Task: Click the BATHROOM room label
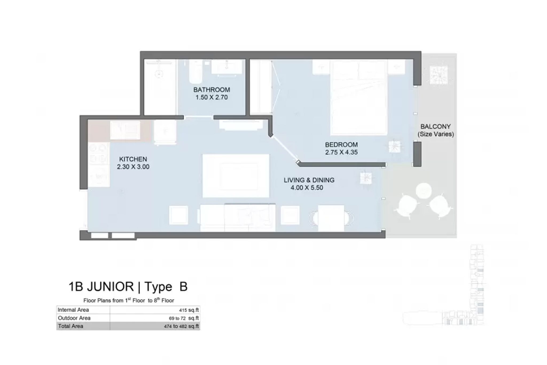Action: (212, 90)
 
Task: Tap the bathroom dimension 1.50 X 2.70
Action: (212, 97)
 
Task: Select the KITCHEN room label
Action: (133, 159)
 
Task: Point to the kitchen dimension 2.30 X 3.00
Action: (133, 167)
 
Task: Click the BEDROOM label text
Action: (341, 145)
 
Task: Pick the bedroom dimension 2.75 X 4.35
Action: (341, 152)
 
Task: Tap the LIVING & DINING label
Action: (309, 180)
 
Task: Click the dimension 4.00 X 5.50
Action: (307, 188)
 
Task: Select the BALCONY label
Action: (436, 126)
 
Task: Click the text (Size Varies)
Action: (436, 134)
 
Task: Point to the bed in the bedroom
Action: (359, 97)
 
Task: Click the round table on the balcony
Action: (424, 191)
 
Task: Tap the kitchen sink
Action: (125, 130)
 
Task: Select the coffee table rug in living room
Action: (236, 176)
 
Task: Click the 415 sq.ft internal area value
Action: (189, 310)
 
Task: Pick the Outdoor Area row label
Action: (74, 318)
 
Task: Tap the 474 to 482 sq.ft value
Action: (181, 326)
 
